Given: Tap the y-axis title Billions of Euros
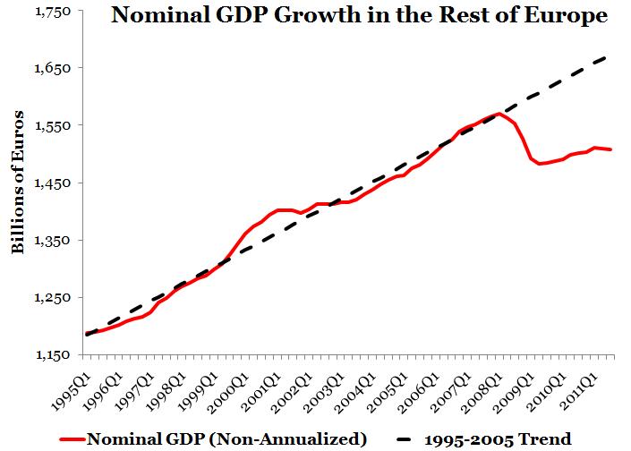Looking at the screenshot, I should pos(17,183).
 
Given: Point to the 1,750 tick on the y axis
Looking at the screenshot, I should pos(53,11).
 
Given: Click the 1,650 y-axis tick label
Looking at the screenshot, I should pos(53,68).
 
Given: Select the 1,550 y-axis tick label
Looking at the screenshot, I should pos(53,125).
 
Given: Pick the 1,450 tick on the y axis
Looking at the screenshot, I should pos(53,183).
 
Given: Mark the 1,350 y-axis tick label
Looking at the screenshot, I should pos(53,241).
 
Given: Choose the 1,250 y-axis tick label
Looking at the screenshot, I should pos(53,298).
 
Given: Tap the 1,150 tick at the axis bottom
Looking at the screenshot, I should pos(53,355).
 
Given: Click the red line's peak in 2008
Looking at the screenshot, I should pos(498,114).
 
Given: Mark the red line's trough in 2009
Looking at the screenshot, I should pos(540,164).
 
